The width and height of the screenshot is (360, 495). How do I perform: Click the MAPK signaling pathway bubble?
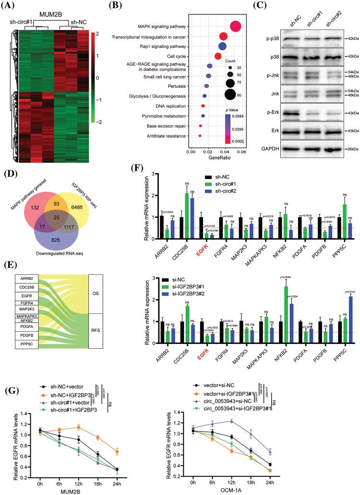pyautogui.click(x=235, y=26)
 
